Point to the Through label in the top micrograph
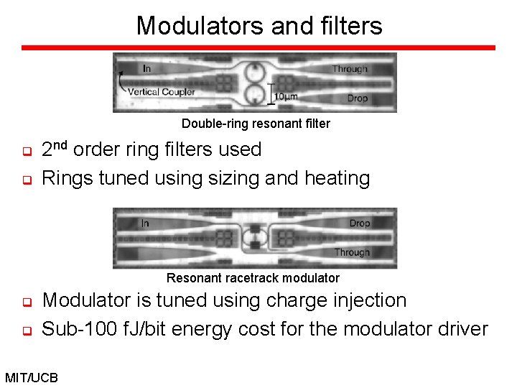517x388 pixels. [x=350, y=69]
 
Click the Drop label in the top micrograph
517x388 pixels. [x=358, y=98]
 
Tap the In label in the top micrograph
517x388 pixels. [x=146, y=68]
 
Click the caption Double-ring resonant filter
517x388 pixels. [x=256, y=124]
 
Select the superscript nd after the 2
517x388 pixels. [x=62, y=146]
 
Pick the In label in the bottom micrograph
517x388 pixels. [x=145, y=223]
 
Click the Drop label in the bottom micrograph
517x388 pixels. [x=360, y=223]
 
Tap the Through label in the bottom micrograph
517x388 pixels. [x=352, y=252]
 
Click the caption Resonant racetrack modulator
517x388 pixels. [x=253, y=277]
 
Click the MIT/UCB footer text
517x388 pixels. [x=33, y=377]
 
